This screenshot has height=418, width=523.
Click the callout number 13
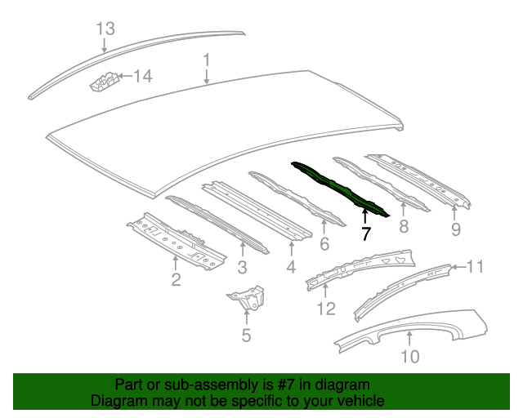pyautogui.click(x=105, y=29)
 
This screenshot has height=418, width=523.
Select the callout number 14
pyautogui.click(x=142, y=78)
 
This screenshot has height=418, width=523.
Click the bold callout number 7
pyautogui.click(x=365, y=233)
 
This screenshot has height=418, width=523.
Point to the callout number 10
pyautogui.click(x=409, y=356)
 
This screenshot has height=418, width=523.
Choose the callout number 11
pyautogui.click(x=476, y=266)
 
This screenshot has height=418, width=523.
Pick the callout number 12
pyautogui.click(x=326, y=308)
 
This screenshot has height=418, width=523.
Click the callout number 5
pyautogui.click(x=246, y=335)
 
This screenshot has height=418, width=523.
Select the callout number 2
pyautogui.click(x=176, y=282)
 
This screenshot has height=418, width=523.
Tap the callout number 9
pyautogui.click(x=456, y=229)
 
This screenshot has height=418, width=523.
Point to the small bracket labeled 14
pyautogui.click(x=102, y=82)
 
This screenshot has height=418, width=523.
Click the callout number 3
pyautogui.click(x=243, y=267)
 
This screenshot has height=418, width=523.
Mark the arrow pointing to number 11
pyautogui.click(x=458, y=266)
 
